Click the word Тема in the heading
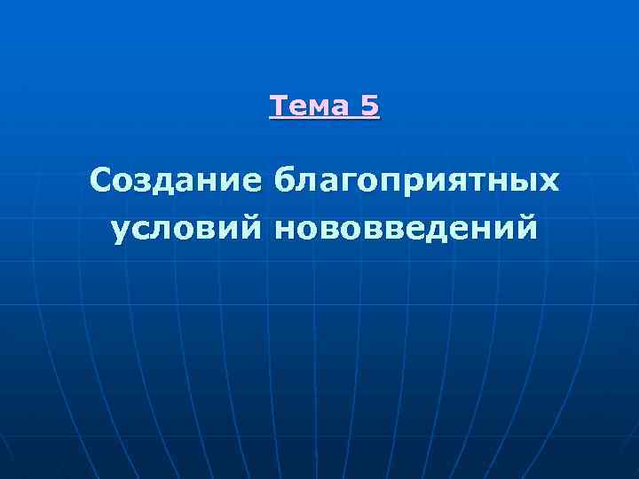coord(310,106)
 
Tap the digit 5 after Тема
coord(370,106)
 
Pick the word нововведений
coord(406,229)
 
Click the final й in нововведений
coord(525,228)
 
